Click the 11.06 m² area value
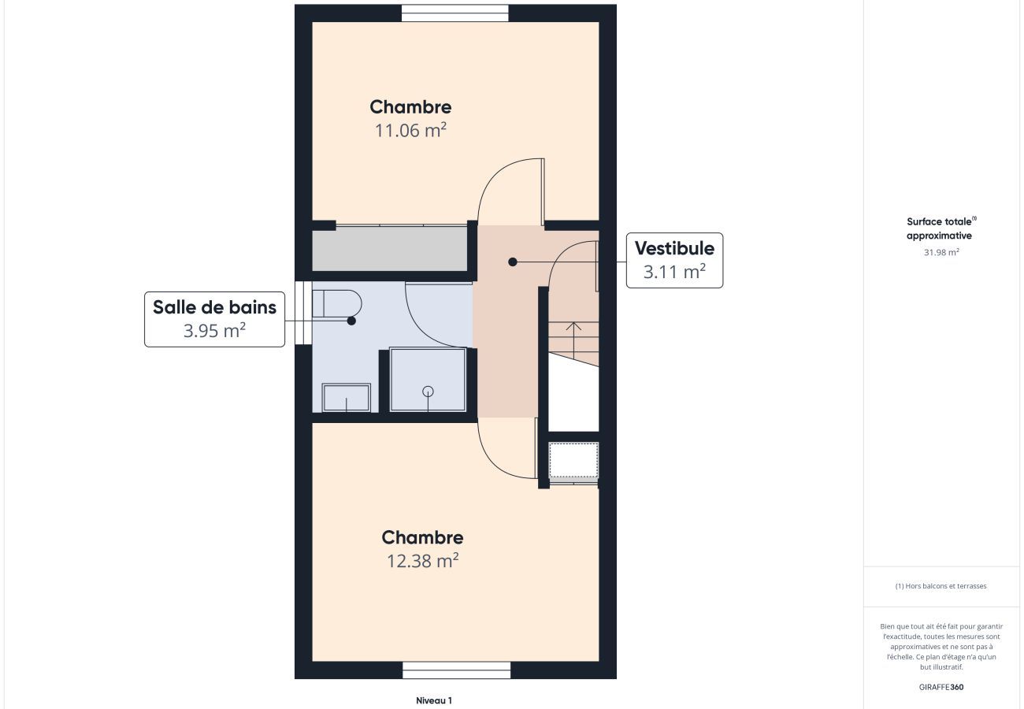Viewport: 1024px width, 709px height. [x=410, y=130]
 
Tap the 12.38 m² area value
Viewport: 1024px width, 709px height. [x=422, y=561]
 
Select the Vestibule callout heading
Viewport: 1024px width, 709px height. [x=674, y=248]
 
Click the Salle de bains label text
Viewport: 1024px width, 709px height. [x=214, y=307]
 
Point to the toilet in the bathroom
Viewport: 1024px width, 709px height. [x=337, y=303]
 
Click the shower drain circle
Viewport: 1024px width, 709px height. [x=428, y=392]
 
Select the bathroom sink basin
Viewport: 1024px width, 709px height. [x=346, y=398]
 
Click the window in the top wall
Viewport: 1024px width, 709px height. [x=454, y=13]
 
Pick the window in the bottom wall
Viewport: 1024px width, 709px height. [x=456, y=670]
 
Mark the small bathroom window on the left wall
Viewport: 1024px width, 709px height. [x=303, y=313]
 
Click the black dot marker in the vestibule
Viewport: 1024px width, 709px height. [x=513, y=262]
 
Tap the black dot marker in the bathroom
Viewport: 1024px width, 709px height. [x=351, y=321]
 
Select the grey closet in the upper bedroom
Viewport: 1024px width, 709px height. [x=389, y=248]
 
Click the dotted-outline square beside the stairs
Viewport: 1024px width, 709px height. [x=573, y=460]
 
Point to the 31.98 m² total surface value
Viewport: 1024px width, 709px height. [x=941, y=252]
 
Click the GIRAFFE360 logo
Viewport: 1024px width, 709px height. [x=941, y=687]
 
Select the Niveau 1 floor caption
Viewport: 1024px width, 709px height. [x=434, y=700]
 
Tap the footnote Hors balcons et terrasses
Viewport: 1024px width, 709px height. [x=941, y=586]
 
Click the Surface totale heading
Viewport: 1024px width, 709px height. [x=941, y=228]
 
